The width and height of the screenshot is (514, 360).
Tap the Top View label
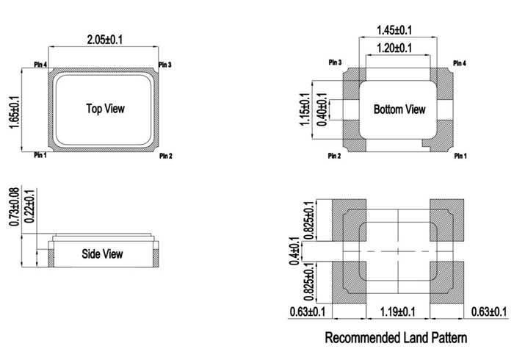point(106,109)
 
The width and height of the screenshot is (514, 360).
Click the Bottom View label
point(399,109)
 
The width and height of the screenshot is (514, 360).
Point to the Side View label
point(102,254)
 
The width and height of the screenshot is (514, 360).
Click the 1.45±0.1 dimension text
point(394,30)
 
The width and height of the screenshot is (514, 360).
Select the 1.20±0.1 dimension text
point(394,48)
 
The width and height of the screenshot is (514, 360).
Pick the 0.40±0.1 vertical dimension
point(321,109)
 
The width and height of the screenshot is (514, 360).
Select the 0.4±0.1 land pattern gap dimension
point(294,251)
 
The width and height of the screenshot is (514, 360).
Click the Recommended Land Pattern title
point(395,338)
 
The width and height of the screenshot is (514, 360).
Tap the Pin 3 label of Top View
point(165,65)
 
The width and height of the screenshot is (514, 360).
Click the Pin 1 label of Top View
point(40,155)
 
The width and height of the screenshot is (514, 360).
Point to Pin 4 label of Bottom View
point(461,64)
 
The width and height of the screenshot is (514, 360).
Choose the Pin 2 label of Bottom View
point(334,156)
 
